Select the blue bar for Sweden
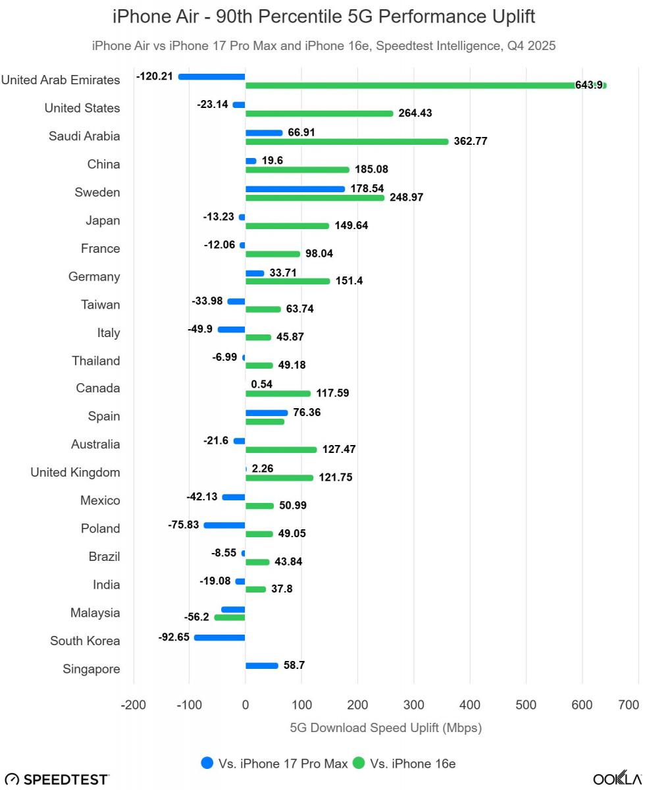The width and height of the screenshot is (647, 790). (x=295, y=189)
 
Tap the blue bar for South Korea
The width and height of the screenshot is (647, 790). (x=219, y=637)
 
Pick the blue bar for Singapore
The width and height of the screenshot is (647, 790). (x=261, y=666)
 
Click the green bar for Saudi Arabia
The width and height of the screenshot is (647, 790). (x=346, y=142)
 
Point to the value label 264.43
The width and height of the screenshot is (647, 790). (x=415, y=113)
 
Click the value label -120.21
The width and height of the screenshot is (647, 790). (x=155, y=76)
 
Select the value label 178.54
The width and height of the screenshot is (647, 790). (x=367, y=189)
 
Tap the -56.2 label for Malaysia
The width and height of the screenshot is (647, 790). (x=196, y=618)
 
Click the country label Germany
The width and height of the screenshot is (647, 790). (x=94, y=276)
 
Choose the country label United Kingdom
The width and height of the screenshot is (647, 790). (x=75, y=472)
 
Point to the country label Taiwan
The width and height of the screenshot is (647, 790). (x=100, y=305)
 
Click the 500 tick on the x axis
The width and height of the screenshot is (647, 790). (x=526, y=705)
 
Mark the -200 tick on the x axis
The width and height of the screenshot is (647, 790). (x=133, y=705)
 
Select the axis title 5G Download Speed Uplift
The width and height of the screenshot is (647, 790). (x=386, y=728)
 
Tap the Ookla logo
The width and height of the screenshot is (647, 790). (x=617, y=778)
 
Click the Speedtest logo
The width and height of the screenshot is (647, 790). (x=57, y=779)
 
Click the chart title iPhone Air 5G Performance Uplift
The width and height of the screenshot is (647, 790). (x=324, y=16)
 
